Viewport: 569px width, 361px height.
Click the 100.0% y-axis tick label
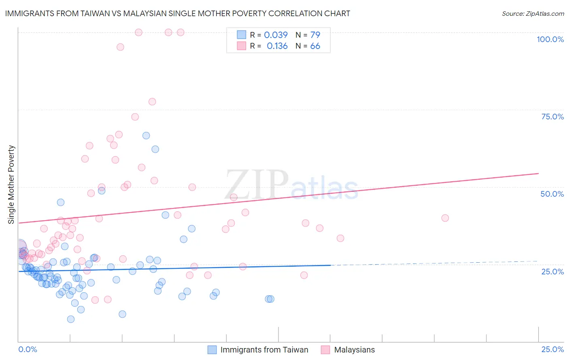click(x=550, y=39)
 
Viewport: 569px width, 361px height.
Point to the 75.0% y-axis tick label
click(x=552, y=117)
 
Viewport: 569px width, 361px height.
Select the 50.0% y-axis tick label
click(x=552, y=194)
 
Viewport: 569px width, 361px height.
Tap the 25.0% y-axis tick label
click(x=552, y=272)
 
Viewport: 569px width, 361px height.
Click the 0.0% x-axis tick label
click(x=28, y=349)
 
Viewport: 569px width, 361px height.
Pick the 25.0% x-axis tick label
click(x=552, y=349)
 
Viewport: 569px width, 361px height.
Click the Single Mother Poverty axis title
click(x=11, y=185)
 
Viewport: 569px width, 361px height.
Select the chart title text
click(x=178, y=13)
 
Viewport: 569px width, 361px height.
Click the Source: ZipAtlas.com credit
click(x=533, y=13)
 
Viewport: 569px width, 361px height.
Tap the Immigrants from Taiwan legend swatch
click(x=212, y=350)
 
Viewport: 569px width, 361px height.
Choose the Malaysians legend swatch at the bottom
click(x=325, y=350)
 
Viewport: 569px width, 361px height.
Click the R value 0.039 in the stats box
click(x=276, y=35)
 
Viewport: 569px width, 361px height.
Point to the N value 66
click(x=315, y=46)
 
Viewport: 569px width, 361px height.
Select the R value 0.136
click(x=277, y=46)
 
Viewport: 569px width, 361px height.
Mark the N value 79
click(x=315, y=35)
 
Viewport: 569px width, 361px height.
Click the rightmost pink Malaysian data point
click(x=445, y=218)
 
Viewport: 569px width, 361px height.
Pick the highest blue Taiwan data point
click(x=146, y=136)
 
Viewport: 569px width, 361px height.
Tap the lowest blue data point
click(x=71, y=319)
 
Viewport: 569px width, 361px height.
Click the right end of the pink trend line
click(x=538, y=174)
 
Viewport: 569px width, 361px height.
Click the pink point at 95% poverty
click(x=120, y=47)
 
